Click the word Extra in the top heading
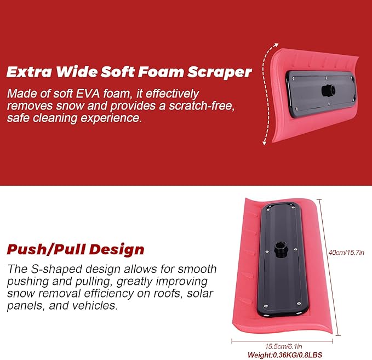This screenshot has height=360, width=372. pos(29,71)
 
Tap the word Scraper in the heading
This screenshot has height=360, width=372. pos(220,72)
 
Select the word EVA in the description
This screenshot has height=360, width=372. pos(88,94)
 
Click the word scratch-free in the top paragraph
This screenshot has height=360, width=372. pos(202,105)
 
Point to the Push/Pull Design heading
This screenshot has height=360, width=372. pos(76,249)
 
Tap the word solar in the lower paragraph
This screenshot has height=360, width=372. pos(200,293)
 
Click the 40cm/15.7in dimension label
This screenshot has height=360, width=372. pos(346,252)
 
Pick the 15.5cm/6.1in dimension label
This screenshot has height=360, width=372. pos(283,346)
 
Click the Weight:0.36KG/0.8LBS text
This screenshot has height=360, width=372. pos(285,355)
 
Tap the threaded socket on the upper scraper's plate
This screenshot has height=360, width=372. pos(329,90)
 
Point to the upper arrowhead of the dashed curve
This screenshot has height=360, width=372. pos(276,44)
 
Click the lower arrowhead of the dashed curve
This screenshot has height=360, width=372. pos(265,143)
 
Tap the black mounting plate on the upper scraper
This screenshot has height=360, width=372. pos(321,94)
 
